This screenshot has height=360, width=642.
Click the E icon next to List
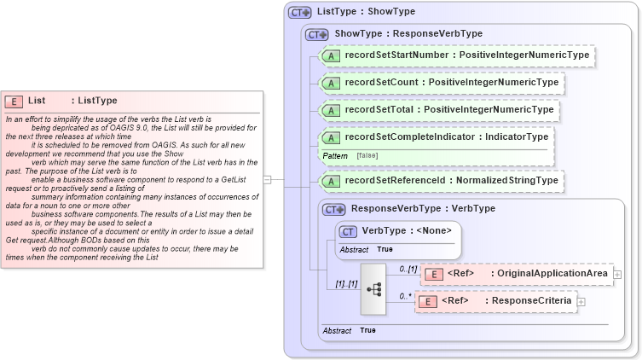[x=14, y=101]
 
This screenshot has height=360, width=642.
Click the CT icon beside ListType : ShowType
[x=300, y=12]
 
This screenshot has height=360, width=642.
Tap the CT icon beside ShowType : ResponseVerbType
[x=317, y=34]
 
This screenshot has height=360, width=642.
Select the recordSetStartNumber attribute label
[x=396, y=55]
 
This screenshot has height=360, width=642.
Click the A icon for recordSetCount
[x=332, y=83]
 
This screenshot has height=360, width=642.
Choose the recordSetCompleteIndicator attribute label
[x=403, y=136]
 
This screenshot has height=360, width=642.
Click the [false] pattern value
[x=367, y=156]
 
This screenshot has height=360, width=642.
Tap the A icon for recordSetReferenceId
[x=332, y=181]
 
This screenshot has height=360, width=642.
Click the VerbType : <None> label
[x=406, y=230]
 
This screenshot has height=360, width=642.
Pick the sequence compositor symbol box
[x=373, y=287]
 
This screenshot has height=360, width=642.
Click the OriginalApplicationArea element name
[x=552, y=273]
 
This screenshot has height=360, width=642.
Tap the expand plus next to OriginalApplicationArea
[x=617, y=274]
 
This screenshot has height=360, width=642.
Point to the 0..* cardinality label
[x=405, y=296]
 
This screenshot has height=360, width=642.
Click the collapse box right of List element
[x=267, y=180]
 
